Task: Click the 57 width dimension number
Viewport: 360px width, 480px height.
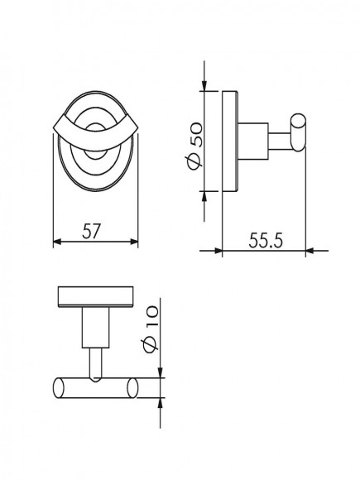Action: (91, 231)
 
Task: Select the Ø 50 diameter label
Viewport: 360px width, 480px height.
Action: (194, 146)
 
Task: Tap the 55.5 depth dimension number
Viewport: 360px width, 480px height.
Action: (266, 240)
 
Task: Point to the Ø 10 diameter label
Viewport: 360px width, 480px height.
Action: (151, 329)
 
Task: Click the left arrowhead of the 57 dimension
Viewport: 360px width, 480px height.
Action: (58, 242)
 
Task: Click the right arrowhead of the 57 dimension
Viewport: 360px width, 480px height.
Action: (134, 242)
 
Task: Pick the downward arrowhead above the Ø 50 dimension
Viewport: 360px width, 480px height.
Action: (204, 86)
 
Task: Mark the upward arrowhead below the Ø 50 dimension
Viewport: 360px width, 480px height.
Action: (204, 196)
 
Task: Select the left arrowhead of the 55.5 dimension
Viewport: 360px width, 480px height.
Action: (218, 251)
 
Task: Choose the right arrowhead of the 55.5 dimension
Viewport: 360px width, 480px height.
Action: (310, 251)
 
